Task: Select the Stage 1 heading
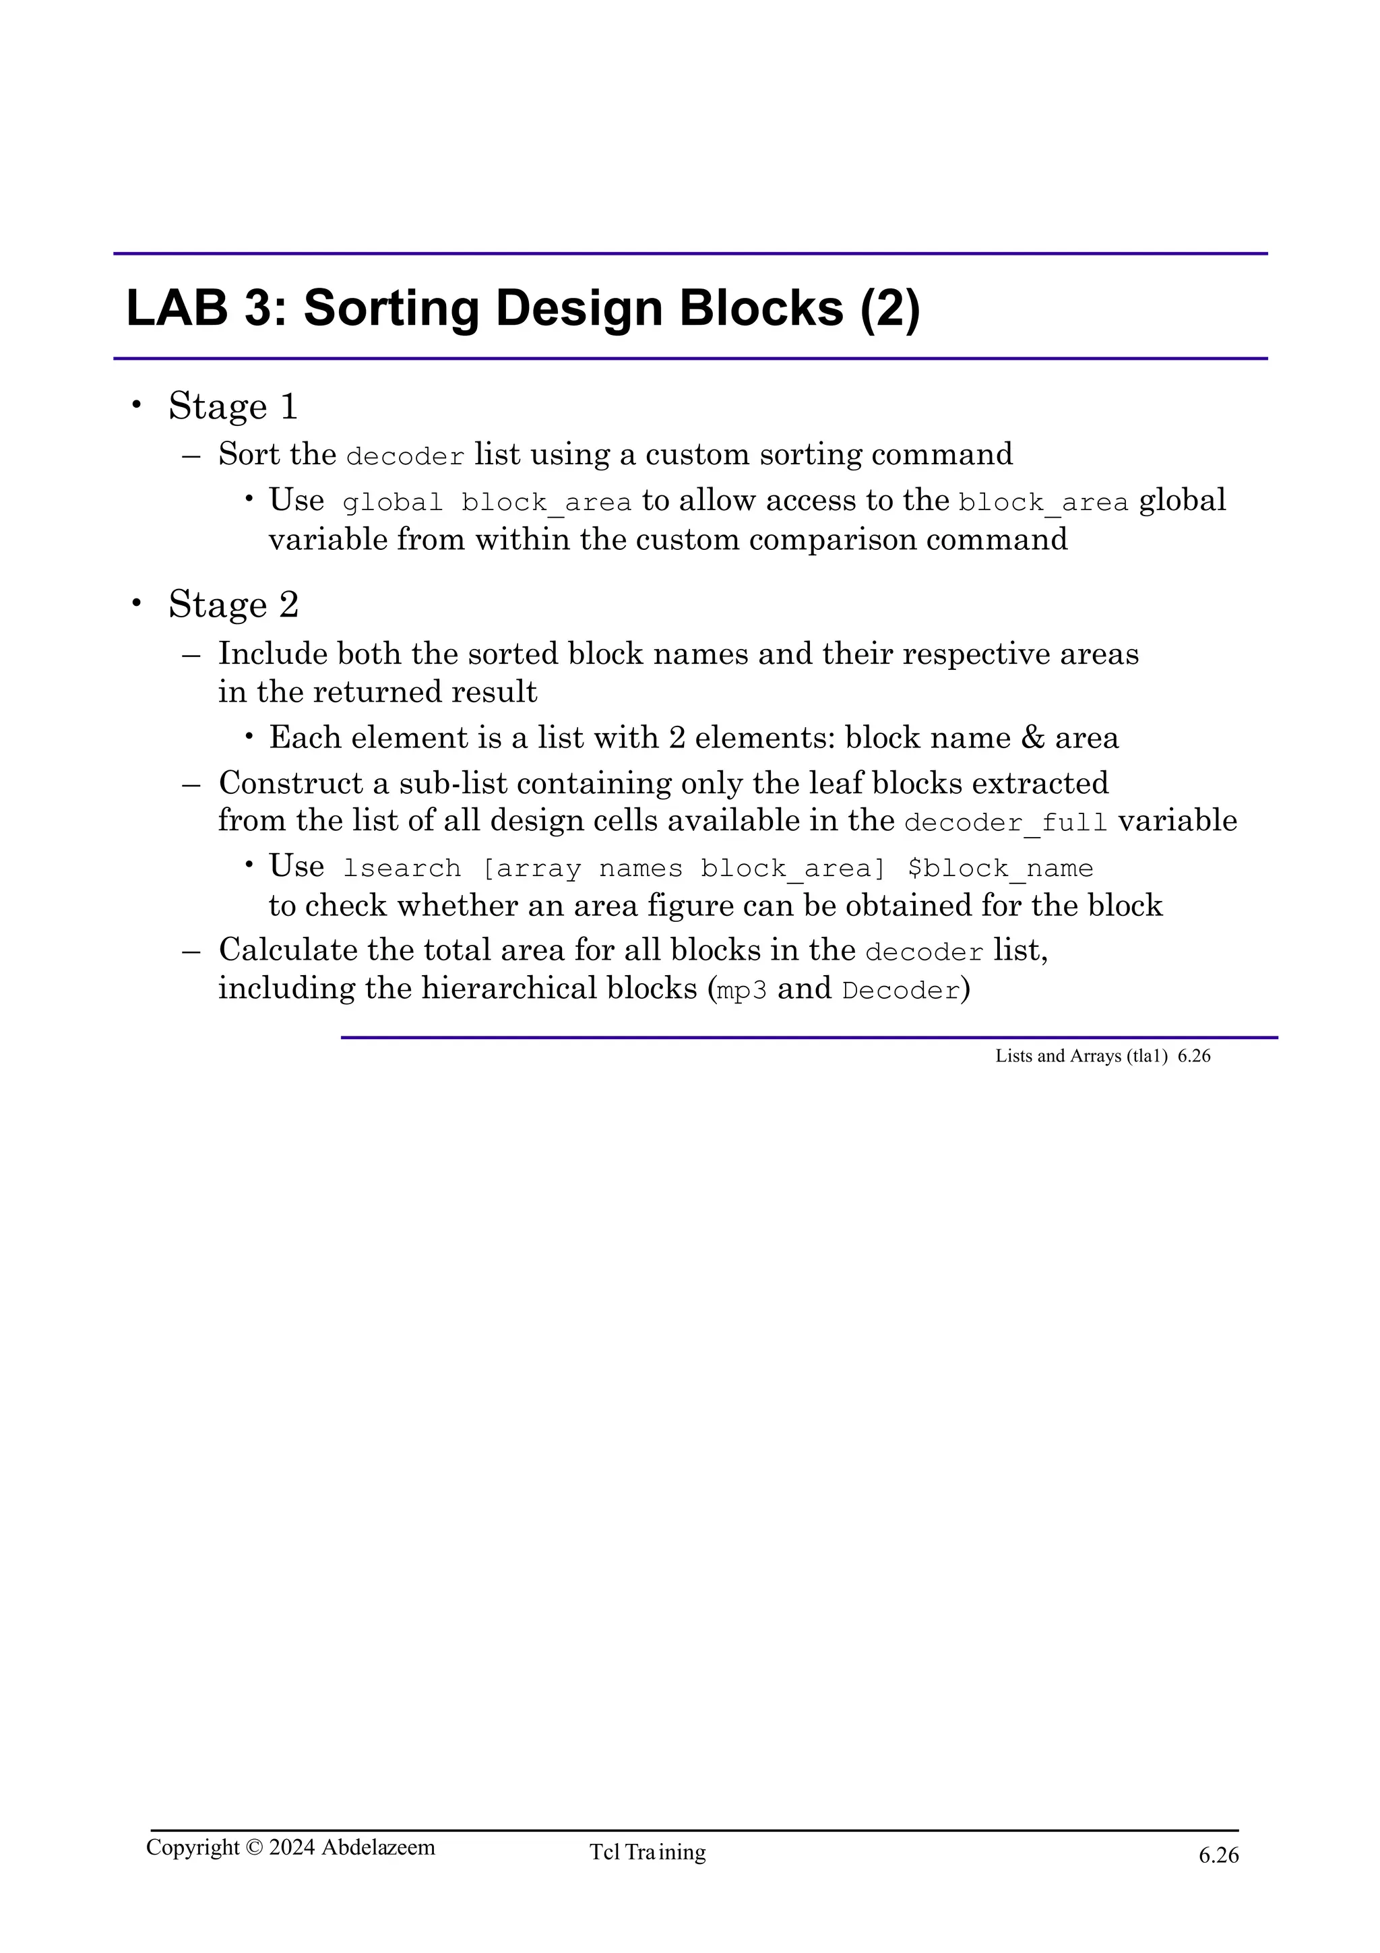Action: (x=233, y=406)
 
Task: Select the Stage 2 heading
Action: (x=233, y=604)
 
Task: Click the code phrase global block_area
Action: (x=487, y=503)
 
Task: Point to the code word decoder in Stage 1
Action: (x=406, y=457)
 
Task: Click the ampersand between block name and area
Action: (x=1032, y=737)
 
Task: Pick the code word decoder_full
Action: (x=1006, y=823)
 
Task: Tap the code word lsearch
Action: (x=402, y=869)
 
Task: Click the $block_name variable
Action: (x=1000, y=869)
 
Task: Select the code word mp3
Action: (x=741, y=991)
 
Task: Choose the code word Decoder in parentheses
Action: (x=900, y=991)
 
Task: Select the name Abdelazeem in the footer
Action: (x=379, y=1847)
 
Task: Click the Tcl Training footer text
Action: (x=648, y=1852)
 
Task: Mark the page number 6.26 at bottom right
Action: (x=1218, y=1855)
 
